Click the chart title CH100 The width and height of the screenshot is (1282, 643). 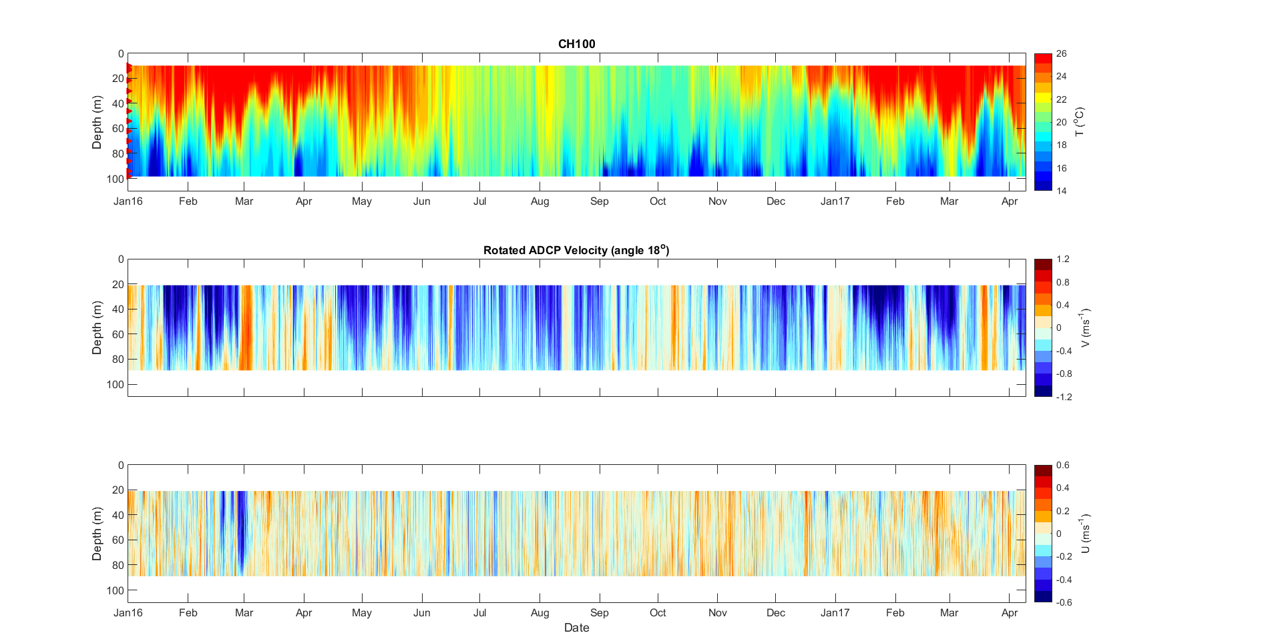pyautogui.click(x=576, y=44)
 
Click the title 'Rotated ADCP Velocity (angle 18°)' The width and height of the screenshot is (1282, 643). pyautogui.click(x=576, y=250)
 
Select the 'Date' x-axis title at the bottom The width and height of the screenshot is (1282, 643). pyautogui.click(x=576, y=628)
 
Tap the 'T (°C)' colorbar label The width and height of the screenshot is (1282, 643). pyautogui.click(x=1080, y=122)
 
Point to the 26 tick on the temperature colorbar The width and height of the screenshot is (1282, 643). pyautogui.click(x=1061, y=54)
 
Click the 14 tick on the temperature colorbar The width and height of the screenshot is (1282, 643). pyautogui.click(x=1061, y=191)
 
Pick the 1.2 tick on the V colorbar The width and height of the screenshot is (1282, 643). pyautogui.click(x=1062, y=259)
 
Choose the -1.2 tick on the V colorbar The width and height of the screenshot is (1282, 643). pyautogui.click(x=1064, y=397)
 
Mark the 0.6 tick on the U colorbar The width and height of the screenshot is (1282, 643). pyautogui.click(x=1062, y=465)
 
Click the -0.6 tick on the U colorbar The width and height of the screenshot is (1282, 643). pyautogui.click(x=1064, y=602)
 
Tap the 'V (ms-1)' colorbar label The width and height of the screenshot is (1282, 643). pyautogui.click(x=1085, y=328)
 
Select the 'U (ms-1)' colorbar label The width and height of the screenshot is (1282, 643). pyautogui.click(x=1085, y=534)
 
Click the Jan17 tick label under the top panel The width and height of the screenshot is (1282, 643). pyautogui.click(x=835, y=201)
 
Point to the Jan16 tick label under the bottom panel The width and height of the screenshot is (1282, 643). pyautogui.click(x=128, y=613)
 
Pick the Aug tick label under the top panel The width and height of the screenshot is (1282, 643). pyautogui.click(x=540, y=201)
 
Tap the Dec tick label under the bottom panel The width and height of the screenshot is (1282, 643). pyautogui.click(x=776, y=613)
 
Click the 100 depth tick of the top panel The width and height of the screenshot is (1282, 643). pyautogui.click(x=115, y=179)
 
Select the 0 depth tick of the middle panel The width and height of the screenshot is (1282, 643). pyautogui.click(x=120, y=259)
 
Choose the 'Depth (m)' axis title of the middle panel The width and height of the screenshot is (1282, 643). pyautogui.click(x=97, y=328)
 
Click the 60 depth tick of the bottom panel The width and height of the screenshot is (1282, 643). pyautogui.click(x=118, y=540)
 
